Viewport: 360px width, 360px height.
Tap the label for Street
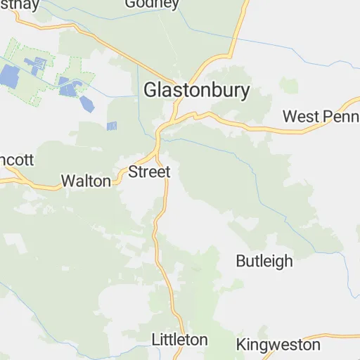pos(149,172)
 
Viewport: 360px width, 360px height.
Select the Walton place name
pos(86,181)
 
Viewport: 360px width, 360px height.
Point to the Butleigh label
pos(264,261)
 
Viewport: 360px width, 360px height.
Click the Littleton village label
pos(180,340)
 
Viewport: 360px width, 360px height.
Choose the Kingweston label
pos(278,345)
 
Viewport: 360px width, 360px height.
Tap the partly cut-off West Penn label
pos(321,116)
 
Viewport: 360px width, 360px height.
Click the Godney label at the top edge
pos(152,4)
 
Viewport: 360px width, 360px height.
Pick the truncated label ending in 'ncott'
pos(17,160)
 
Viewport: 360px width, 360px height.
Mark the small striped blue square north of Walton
pos(111,126)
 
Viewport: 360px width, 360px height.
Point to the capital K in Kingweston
pos(242,345)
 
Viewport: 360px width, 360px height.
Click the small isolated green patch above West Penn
pos(288,86)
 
